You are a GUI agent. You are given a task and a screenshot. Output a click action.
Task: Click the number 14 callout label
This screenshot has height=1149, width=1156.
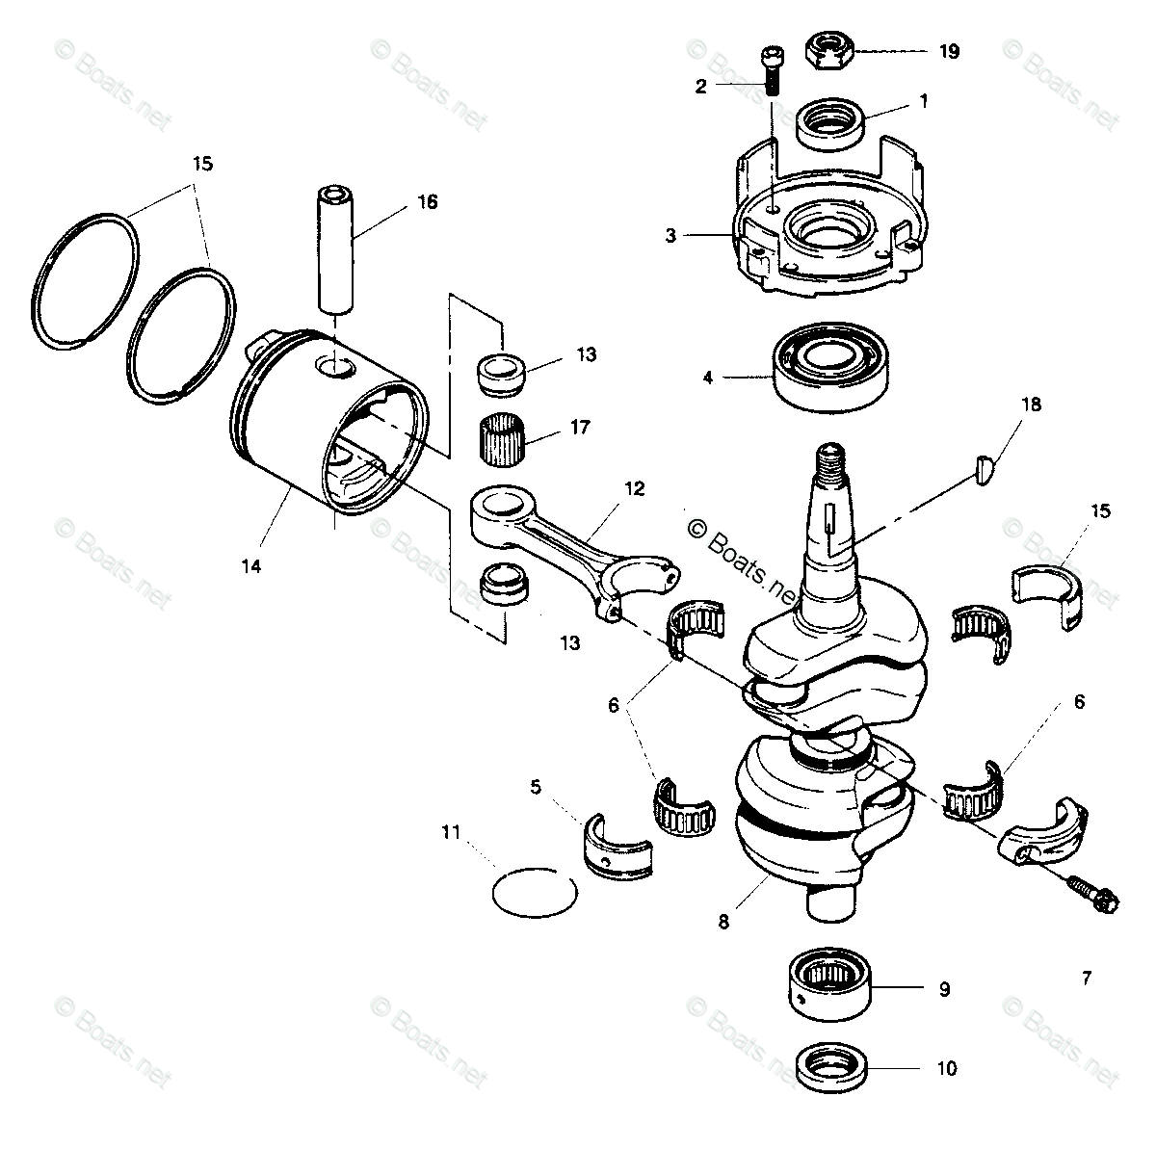250,567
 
